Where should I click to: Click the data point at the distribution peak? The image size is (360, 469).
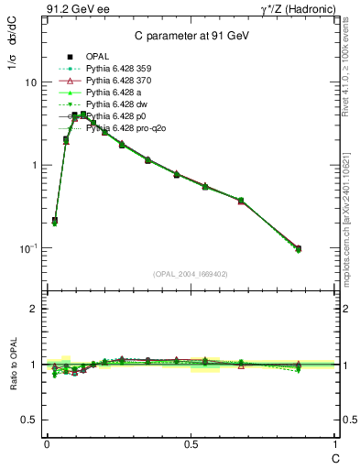pos(83,115)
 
